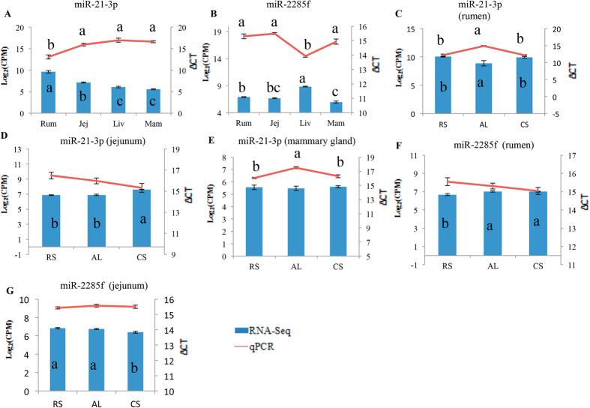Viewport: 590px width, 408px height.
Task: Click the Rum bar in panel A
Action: coord(47,92)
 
